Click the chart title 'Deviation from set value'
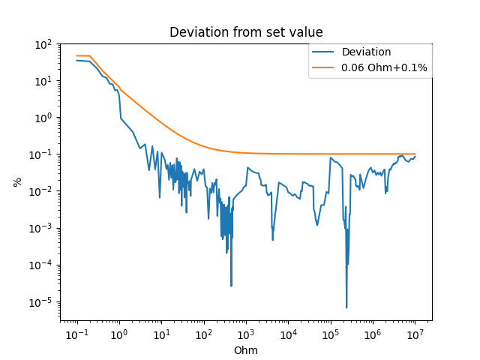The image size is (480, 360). point(245,32)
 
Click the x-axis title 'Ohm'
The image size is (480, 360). point(245,350)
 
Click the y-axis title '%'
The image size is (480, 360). point(16,182)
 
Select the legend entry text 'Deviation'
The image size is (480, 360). point(366,52)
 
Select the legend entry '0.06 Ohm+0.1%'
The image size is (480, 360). point(384,67)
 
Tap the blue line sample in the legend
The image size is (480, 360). point(325,52)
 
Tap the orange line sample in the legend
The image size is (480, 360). point(325,67)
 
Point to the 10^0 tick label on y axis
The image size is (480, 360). point(44,118)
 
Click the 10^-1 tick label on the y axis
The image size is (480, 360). point(43,154)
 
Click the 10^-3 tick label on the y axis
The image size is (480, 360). point(43,228)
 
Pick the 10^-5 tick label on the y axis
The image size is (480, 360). point(43,301)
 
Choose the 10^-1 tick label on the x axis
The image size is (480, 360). point(76,332)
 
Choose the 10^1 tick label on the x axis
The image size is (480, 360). point(161,332)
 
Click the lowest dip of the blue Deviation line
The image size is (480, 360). point(346,307)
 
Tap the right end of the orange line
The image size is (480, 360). point(415,154)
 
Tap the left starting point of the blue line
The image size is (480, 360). point(76,60)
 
